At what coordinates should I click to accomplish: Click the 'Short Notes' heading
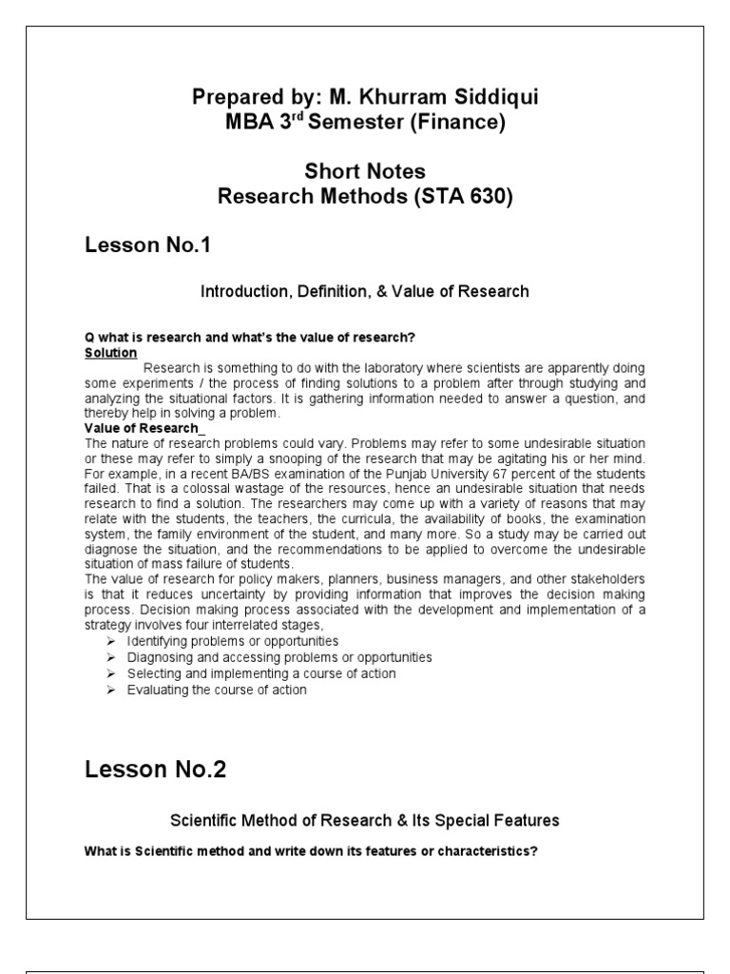[365, 172]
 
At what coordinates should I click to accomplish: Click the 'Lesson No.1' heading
[147, 245]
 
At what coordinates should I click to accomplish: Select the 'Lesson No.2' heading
[156, 769]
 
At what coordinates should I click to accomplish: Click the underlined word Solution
[111, 352]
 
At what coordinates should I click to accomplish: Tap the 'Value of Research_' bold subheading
[131, 429]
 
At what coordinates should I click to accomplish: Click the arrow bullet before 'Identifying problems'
[109, 642]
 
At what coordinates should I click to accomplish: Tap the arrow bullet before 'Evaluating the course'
[109, 690]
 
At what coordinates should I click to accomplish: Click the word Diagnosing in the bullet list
[159, 657]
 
